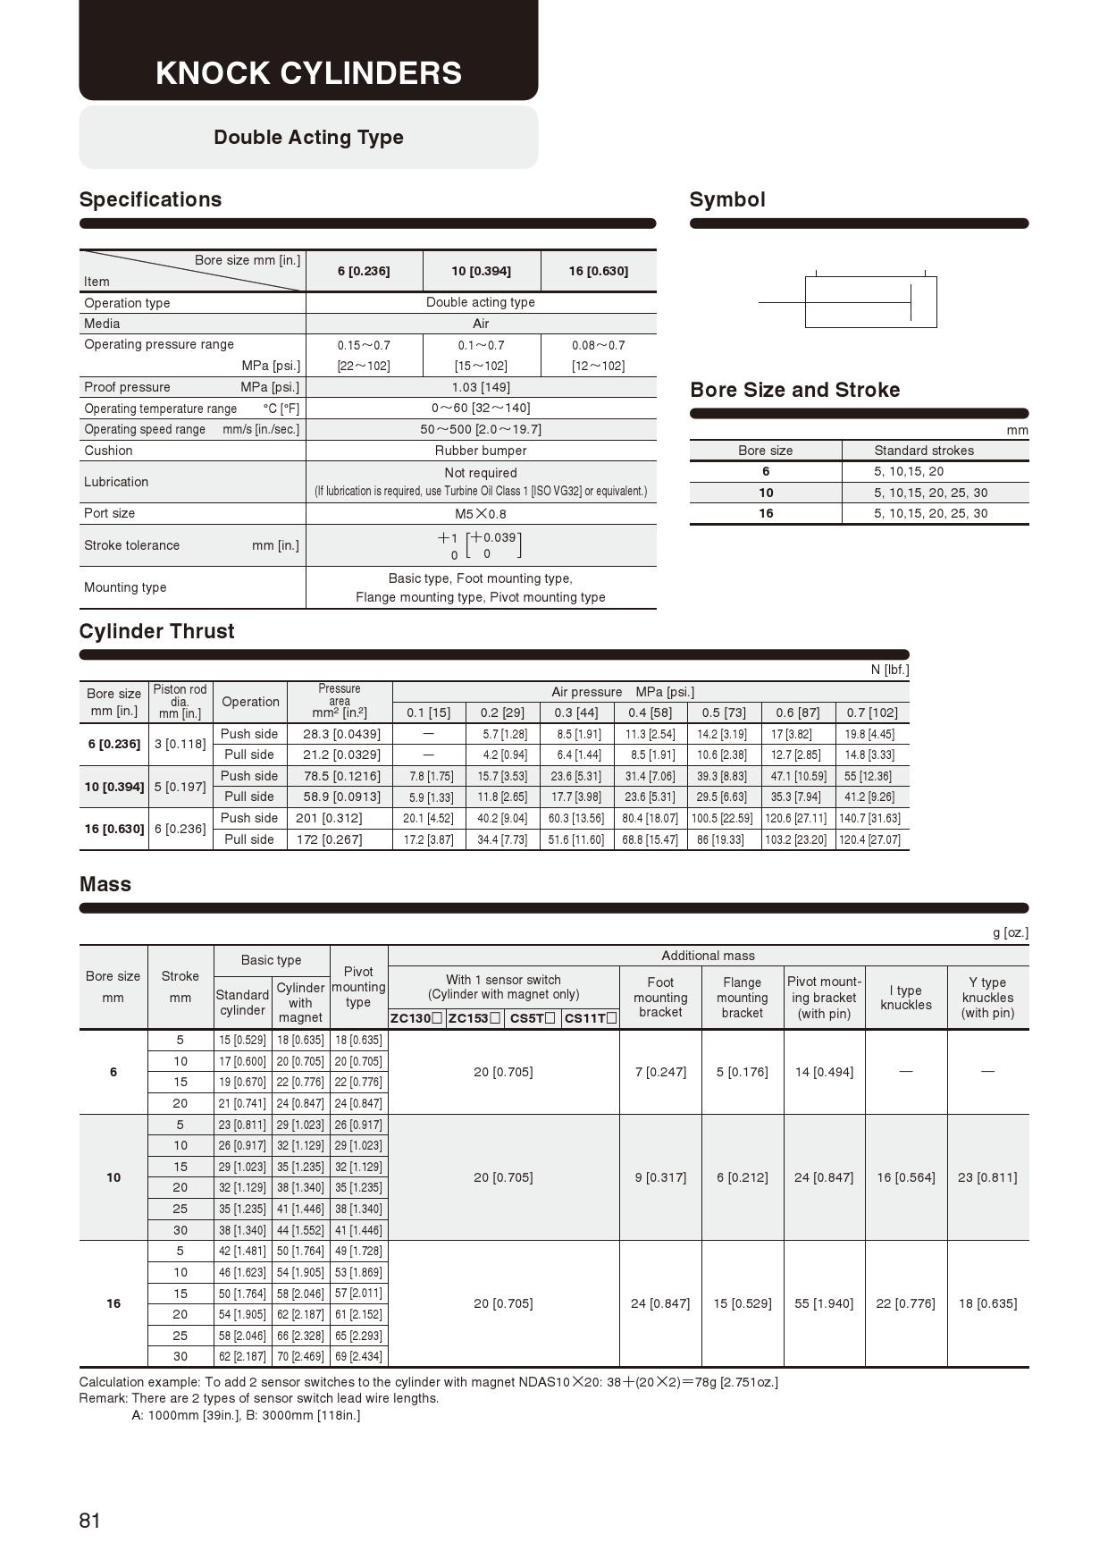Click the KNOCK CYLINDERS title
click(308, 73)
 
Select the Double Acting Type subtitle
click(308, 138)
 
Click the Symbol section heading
click(727, 199)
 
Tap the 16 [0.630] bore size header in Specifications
click(598, 271)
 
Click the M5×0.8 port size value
click(481, 514)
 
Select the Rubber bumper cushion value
click(481, 451)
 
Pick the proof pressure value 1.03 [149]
click(481, 387)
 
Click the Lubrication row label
click(116, 482)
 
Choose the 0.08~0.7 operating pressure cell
click(598, 345)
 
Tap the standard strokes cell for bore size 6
click(909, 471)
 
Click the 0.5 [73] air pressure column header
click(724, 712)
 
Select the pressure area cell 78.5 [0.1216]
click(341, 776)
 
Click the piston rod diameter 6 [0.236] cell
click(180, 829)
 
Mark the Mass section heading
click(105, 884)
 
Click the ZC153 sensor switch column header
click(474, 1018)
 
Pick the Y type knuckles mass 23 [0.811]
click(987, 1177)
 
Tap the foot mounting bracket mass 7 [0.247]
click(660, 1072)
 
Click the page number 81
click(90, 1521)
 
